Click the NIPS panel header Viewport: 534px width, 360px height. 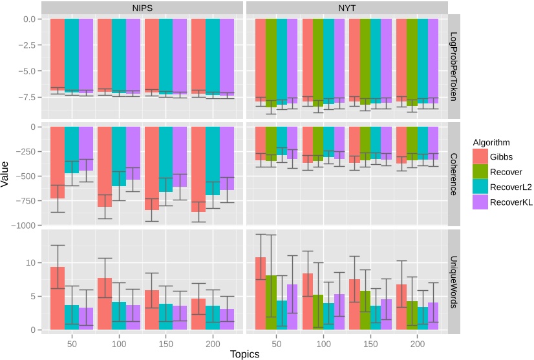(142, 7)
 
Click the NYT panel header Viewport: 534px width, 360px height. (347, 7)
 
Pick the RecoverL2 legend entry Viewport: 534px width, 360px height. (511, 187)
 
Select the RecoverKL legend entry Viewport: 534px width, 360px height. (511, 203)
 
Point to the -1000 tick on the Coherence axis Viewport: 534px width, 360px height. (25, 226)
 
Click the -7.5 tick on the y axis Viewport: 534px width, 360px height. (28, 98)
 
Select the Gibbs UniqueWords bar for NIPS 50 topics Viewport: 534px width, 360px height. (58, 298)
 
